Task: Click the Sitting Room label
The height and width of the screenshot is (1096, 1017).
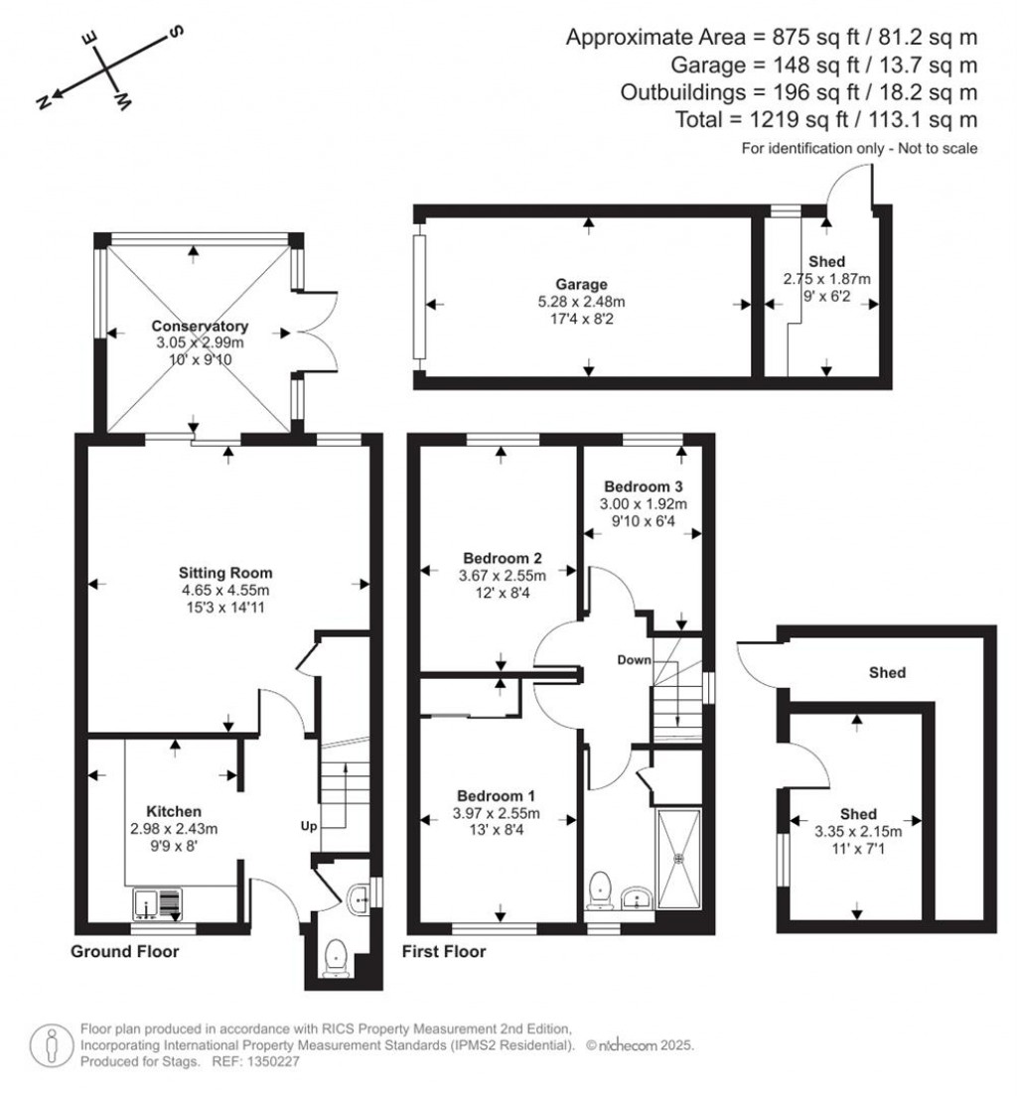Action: click(225, 573)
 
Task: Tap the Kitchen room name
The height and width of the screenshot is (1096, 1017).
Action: click(174, 811)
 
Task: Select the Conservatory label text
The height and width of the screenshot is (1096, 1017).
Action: click(200, 326)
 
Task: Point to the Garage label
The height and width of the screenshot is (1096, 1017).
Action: click(581, 284)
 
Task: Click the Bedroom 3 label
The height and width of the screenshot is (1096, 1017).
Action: click(644, 486)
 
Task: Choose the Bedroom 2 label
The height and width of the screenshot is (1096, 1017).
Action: click(503, 558)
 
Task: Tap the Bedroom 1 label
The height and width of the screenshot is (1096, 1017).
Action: click(496, 795)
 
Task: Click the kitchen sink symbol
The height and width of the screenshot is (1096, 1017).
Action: click(157, 903)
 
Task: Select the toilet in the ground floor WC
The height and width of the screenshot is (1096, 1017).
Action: click(337, 958)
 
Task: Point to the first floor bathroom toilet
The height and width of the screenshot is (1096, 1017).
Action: click(600, 890)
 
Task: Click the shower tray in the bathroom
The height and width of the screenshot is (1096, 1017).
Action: click(677, 859)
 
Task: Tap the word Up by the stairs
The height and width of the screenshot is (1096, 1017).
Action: click(309, 826)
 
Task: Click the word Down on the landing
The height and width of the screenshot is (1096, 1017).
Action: click(634, 660)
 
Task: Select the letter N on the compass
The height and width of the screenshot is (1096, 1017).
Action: click(44, 103)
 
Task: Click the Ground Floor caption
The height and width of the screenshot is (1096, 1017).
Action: click(124, 951)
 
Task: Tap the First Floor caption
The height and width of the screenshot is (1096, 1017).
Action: click(444, 951)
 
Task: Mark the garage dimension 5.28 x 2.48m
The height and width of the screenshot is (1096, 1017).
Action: click(581, 302)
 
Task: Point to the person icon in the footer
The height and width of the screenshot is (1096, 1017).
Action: click(51, 1045)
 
